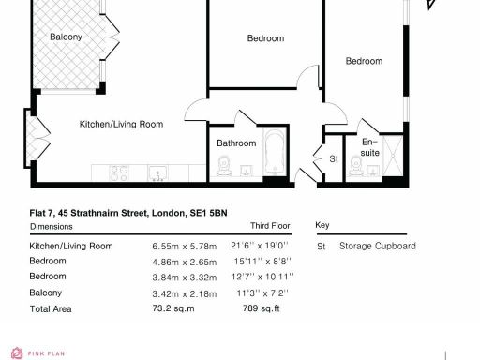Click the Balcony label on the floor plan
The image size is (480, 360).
[x=66, y=37]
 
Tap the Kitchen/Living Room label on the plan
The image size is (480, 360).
[x=121, y=124]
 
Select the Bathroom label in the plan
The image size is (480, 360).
[x=236, y=143]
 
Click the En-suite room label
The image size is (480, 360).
[x=370, y=146]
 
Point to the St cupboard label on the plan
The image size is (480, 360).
[x=333, y=159]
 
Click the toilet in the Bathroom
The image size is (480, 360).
[x=224, y=167]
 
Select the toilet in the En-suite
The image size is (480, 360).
[x=355, y=167]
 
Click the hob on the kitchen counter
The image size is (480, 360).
[x=120, y=172]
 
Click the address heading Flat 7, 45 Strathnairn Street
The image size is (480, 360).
[x=128, y=214]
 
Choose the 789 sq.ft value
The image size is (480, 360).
[x=262, y=307]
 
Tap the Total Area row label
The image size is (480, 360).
[x=52, y=307]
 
